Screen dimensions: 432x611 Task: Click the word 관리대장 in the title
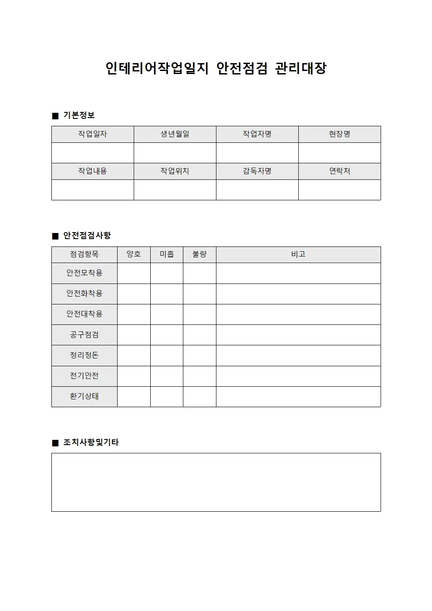point(300,68)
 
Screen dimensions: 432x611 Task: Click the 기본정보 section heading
point(79,115)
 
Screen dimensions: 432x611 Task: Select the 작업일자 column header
point(92,134)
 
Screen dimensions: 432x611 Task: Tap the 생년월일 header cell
point(175,134)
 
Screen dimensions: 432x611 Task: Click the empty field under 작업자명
point(257,153)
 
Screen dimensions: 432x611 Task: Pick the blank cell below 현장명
point(339,153)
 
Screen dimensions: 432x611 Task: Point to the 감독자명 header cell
point(257,171)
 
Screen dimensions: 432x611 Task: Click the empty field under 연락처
point(339,190)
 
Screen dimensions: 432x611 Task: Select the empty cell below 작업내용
point(92,190)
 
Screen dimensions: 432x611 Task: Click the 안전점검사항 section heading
point(87,236)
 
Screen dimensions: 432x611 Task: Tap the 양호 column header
point(134,254)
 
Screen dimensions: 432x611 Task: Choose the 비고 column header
point(298,254)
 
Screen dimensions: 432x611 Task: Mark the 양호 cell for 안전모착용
point(134,273)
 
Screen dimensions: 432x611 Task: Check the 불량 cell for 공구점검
point(199,335)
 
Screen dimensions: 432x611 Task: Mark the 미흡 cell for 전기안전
point(166,376)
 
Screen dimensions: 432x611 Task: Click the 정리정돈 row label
point(84,355)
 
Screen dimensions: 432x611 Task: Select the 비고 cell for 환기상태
point(298,396)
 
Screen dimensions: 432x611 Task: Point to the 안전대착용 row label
point(84,314)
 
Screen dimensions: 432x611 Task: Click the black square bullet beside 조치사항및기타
point(55,443)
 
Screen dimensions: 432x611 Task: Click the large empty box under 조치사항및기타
point(216,482)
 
